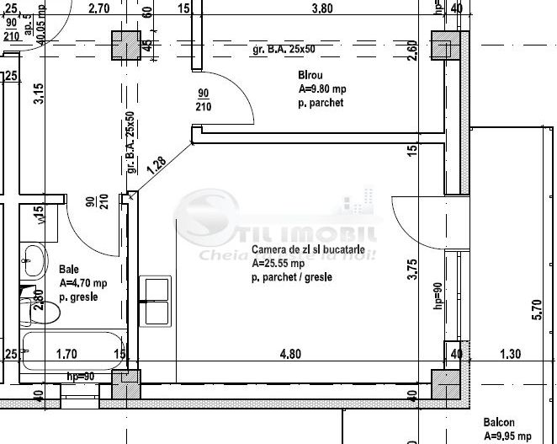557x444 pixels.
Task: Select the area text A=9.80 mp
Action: (x=321, y=88)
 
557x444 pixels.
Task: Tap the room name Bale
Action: (x=68, y=270)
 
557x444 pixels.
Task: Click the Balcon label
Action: (x=498, y=423)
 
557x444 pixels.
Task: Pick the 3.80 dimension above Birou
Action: (x=323, y=9)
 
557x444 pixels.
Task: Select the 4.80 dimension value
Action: (x=290, y=355)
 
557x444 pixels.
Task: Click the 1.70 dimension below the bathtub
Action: (x=66, y=355)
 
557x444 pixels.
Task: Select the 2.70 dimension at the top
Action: (x=99, y=9)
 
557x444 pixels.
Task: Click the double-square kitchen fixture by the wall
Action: (x=157, y=301)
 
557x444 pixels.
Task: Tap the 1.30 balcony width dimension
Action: (x=511, y=355)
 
